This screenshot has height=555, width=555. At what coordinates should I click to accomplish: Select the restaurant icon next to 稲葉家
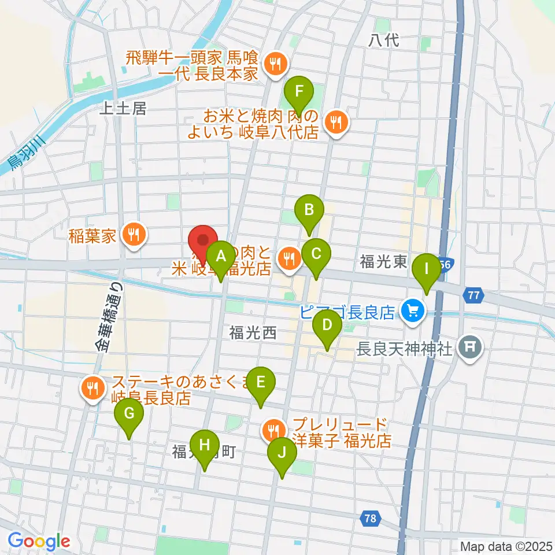(134, 235)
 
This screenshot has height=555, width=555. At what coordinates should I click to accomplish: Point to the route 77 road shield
(473, 295)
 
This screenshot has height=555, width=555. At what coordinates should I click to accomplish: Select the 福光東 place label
(383, 262)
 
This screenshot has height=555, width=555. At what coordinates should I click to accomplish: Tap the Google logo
(39, 542)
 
